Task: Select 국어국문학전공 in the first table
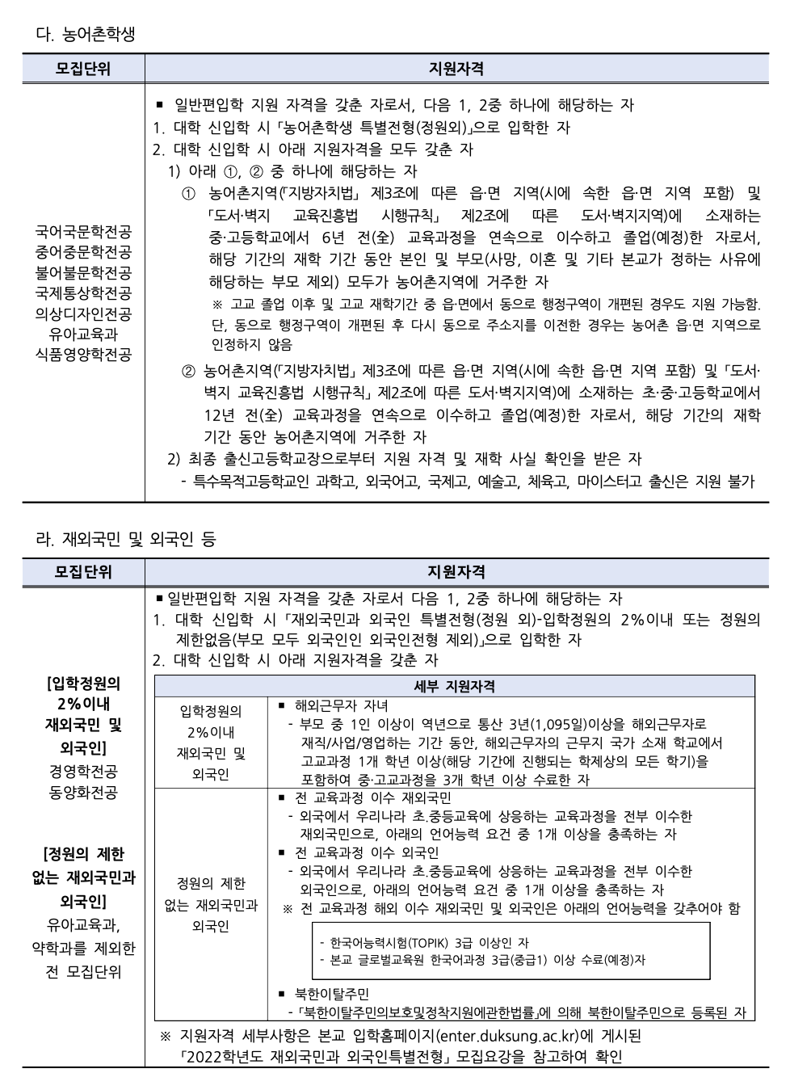coord(83,232)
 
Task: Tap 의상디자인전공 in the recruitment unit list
coord(83,313)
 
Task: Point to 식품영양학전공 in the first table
coord(83,354)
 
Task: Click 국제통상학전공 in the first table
coord(83,292)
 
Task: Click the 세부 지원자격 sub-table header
coord(454,686)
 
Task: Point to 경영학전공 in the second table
coord(83,771)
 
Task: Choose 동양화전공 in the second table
coord(83,792)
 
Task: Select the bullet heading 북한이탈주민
coord(331,993)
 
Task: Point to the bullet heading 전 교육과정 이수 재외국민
coord(372,797)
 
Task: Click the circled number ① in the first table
coord(188,194)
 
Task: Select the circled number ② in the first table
coord(188,372)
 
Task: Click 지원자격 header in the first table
coord(456,69)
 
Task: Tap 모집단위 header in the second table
coord(83,572)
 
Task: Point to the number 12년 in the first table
coord(220,415)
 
